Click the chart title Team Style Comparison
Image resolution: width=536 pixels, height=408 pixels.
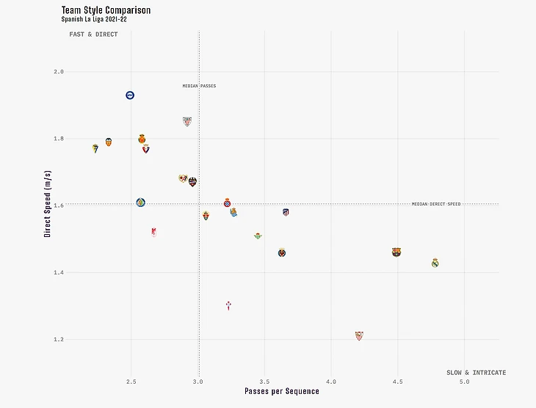106,10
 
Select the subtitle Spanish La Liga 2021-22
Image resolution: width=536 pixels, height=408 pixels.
95,19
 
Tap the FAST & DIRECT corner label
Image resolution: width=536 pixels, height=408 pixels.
93,34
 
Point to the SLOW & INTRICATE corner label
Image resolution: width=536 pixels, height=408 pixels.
476,373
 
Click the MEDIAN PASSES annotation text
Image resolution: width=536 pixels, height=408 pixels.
199,87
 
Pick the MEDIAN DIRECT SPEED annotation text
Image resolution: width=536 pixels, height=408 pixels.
436,204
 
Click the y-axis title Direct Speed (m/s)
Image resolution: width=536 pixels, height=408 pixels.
48,205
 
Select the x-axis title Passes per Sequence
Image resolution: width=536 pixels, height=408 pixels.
282,392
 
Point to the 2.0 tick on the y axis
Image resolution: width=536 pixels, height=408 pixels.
58,72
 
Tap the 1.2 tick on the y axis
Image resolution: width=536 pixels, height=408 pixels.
58,340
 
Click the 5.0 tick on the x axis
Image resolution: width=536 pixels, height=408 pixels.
464,382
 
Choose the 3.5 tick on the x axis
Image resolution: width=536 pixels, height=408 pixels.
264,382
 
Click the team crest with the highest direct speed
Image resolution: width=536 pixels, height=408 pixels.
130,95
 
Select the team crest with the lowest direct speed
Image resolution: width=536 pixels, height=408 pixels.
358,336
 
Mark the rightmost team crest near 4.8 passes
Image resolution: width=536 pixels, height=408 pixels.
435,263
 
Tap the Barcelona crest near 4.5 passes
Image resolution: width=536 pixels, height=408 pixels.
396,252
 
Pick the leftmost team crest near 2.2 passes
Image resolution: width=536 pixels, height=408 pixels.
95,148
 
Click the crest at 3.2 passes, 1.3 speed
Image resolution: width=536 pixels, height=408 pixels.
228,305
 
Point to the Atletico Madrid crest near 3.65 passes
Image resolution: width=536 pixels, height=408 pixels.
286,213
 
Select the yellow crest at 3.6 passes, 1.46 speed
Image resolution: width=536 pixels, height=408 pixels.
282,252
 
